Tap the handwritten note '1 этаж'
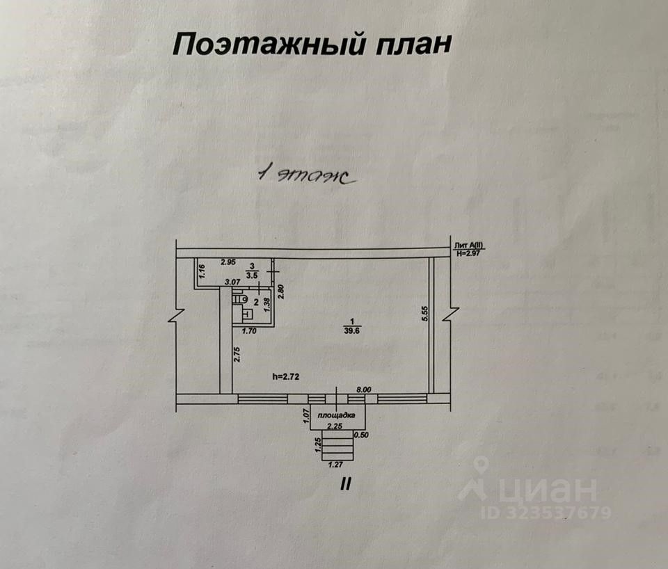tap(307, 175)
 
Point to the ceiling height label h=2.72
tap(285, 376)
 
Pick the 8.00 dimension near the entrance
tap(364, 392)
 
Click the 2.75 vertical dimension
tap(237, 355)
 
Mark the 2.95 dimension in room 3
tap(228, 262)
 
